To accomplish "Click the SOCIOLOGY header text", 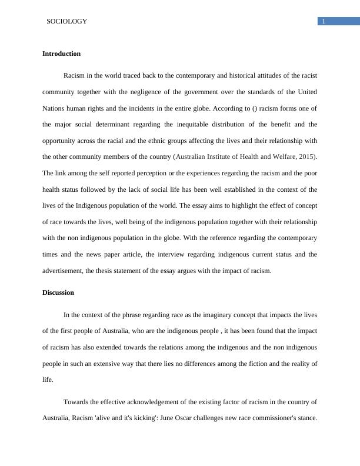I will pyautogui.click(x=66, y=21).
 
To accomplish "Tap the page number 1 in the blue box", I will pyautogui.click(x=323, y=22).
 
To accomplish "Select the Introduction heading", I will pyautogui.click(x=61, y=54).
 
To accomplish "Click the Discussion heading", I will pyautogui.click(x=58, y=292).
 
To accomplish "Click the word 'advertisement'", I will pyautogui.click(x=65, y=271).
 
